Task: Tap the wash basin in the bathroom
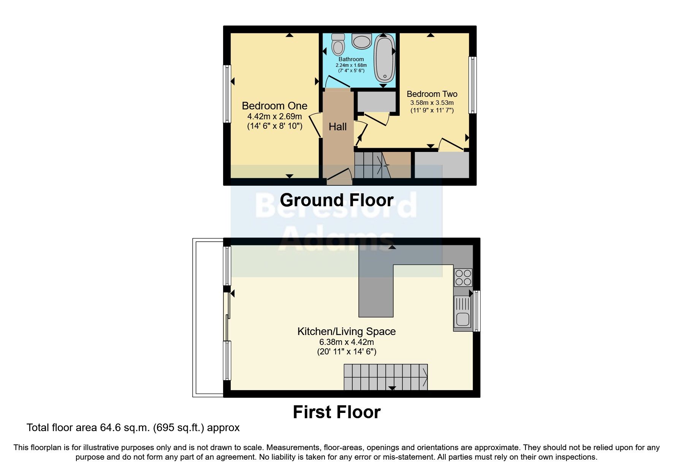[x=361, y=41]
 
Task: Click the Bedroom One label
[x=274, y=106]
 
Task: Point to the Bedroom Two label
[x=432, y=94]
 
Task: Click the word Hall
[x=337, y=127]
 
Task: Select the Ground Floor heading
[x=337, y=200]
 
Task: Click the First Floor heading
[x=337, y=412]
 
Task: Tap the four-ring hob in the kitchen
[x=463, y=277]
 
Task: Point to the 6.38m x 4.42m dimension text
[x=347, y=342]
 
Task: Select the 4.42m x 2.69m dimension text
[x=274, y=116]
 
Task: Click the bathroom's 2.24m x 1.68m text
[x=351, y=65]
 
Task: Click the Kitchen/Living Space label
[x=347, y=331]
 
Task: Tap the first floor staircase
[x=385, y=377]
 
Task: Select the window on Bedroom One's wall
[x=227, y=93]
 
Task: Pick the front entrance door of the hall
[x=339, y=177]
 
